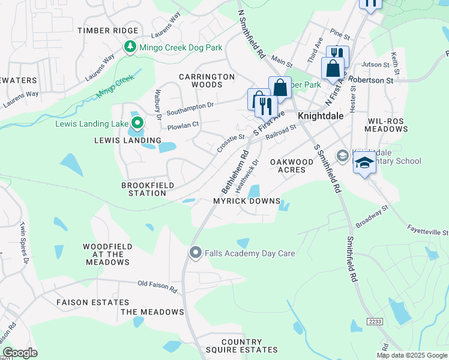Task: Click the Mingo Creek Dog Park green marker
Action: pos(130,47)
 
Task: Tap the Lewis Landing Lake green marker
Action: pos(137,124)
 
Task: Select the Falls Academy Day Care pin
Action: pos(194,253)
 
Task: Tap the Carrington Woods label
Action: pos(206,81)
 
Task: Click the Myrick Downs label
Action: pos(247,201)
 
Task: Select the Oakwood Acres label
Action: pos(292,166)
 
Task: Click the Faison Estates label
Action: pos(92,302)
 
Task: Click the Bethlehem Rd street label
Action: pos(235,172)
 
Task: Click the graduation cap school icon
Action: pos(364,163)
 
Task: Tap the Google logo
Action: pos(20,353)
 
